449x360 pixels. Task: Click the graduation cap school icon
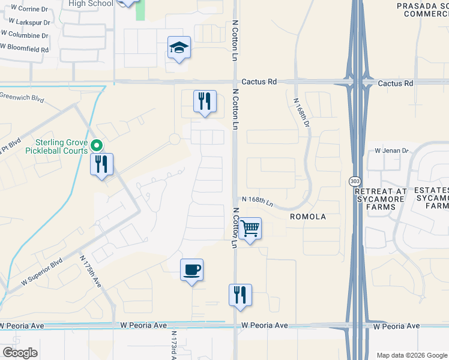(179, 47)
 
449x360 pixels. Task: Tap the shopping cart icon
(250, 228)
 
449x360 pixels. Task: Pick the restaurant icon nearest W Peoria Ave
(240, 295)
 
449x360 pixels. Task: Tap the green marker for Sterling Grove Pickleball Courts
(96, 145)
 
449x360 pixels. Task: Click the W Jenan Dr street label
(391, 151)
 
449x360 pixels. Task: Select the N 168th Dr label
(301, 112)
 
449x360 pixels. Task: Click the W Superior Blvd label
(42, 271)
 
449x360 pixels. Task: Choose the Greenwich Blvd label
(22, 95)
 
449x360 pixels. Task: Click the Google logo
(20, 353)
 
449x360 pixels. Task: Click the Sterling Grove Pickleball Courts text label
(62, 146)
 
